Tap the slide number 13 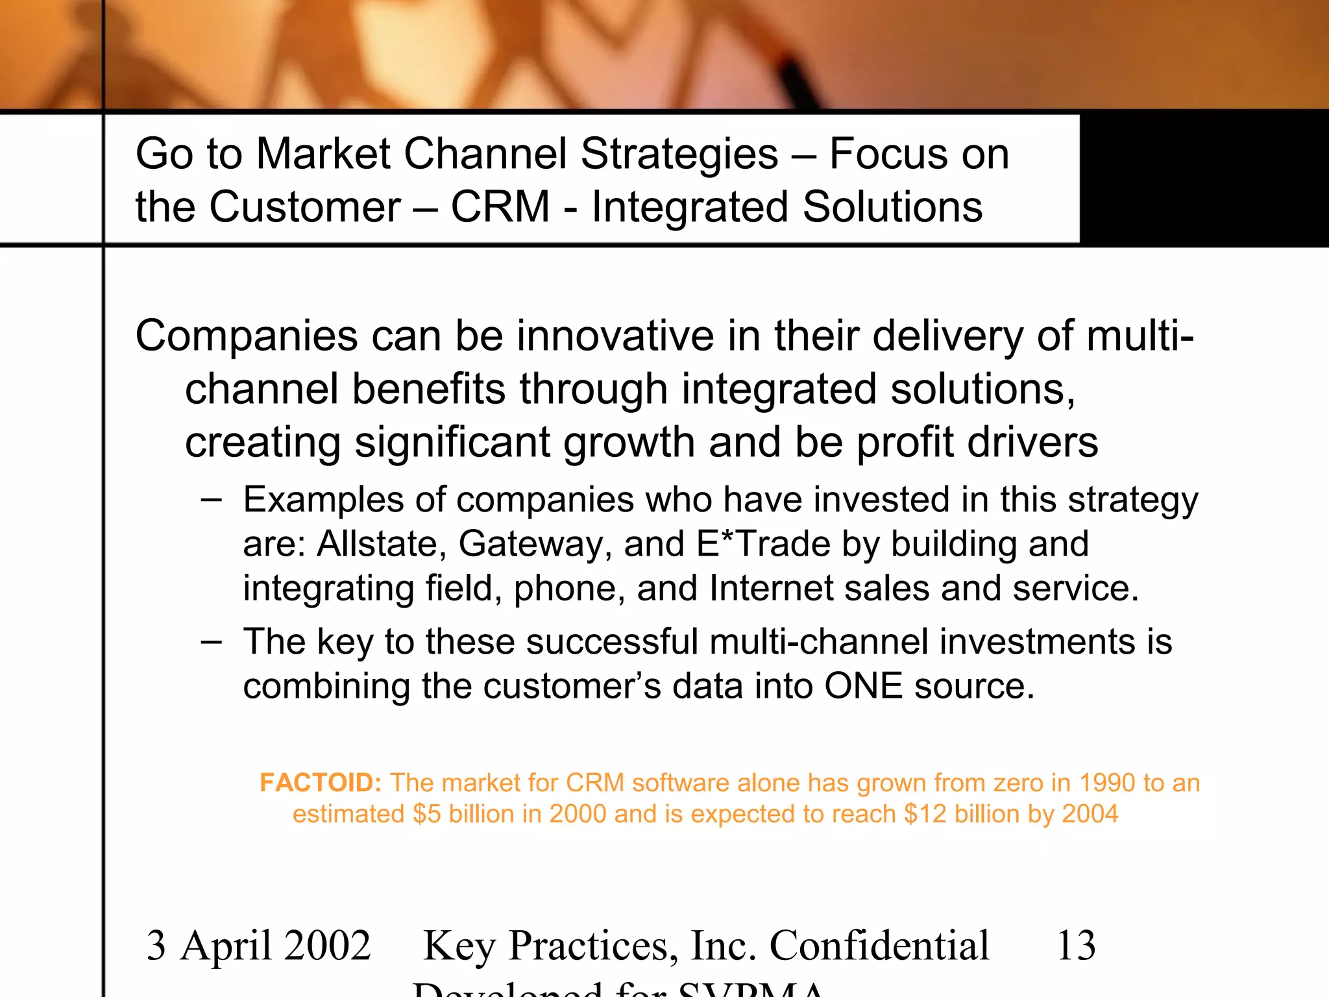point(1076,946)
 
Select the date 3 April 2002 point(258,946)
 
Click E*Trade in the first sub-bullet point(763,544)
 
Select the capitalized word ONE point(863,686)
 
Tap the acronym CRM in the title point(500,207)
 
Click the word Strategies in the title point(679,154)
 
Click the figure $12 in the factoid point(925,814)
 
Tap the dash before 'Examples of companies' point(212,500)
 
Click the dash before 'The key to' point(212,642)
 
